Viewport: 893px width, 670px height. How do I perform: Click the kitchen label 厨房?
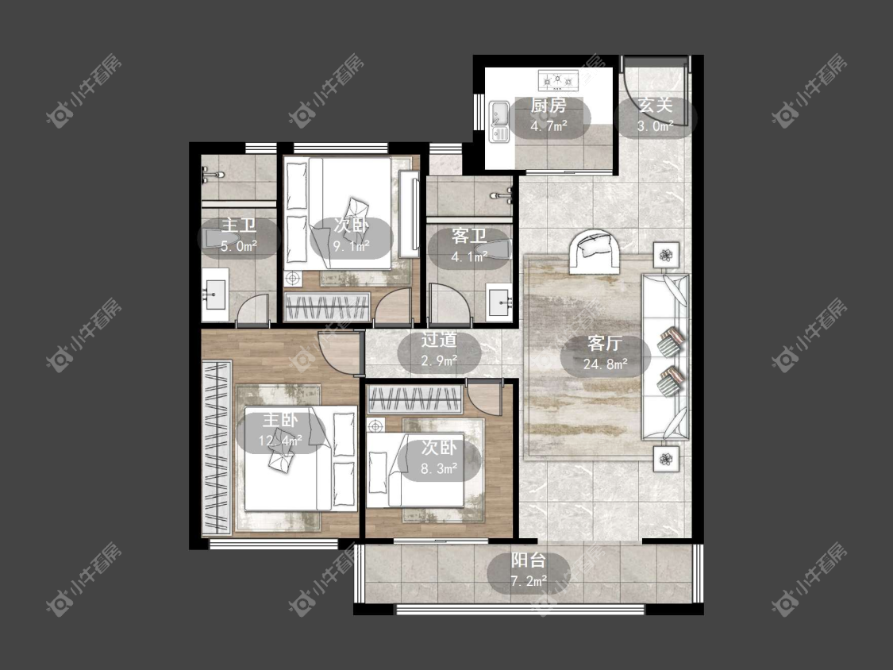pos(549,106)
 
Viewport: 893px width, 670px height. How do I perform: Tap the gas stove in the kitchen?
pos(559,79)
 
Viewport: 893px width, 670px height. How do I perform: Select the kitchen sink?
pos(499,122)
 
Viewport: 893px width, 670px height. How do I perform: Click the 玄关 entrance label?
pos(656,106)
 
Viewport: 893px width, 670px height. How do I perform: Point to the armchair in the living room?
pos(595,252)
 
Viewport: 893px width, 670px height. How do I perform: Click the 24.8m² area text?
pos(606,364)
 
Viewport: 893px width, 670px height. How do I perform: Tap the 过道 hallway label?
pos(439,340)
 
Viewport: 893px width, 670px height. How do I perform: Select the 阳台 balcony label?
pos(528,560)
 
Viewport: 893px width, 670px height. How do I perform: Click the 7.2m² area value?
pos(529,582)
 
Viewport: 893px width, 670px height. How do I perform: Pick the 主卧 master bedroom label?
pos(279,421)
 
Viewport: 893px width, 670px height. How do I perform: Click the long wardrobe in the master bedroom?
pos(217,448)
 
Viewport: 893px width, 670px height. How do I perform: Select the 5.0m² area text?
pos(239,246)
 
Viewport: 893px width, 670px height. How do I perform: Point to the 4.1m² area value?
pos(470,257)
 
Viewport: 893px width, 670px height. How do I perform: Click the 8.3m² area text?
pos(439,469)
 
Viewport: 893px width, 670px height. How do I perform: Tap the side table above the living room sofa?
pos(666,254)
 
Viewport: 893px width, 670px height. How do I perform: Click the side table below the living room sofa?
pos(666,458)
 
